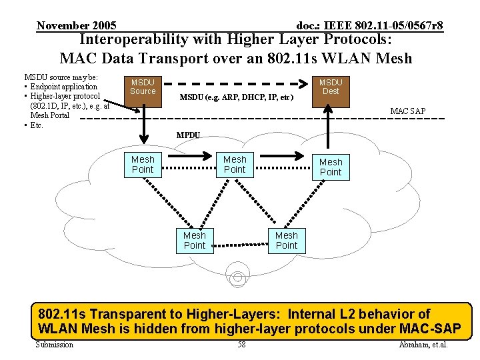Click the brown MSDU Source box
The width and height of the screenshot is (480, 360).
pos(143,87)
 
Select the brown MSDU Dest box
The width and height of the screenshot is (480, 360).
pos(331,87)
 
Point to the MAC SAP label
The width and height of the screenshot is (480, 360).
pos(407,111)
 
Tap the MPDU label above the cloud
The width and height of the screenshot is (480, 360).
pos(188,135)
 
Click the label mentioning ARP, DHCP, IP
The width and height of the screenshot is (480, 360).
pos(237,97)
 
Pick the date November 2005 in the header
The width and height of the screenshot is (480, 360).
pos(77,26)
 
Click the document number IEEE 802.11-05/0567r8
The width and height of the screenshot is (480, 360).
pos(369,26)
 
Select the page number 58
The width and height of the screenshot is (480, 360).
pos(241,345)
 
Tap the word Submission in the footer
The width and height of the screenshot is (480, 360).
pos(55,345)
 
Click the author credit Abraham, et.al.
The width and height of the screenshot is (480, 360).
pos(423,345)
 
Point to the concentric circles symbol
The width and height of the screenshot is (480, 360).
pos(237,271)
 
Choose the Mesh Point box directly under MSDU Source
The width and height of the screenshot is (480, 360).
pos(143,165)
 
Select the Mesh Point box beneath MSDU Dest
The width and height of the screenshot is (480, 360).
pos(331,167)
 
